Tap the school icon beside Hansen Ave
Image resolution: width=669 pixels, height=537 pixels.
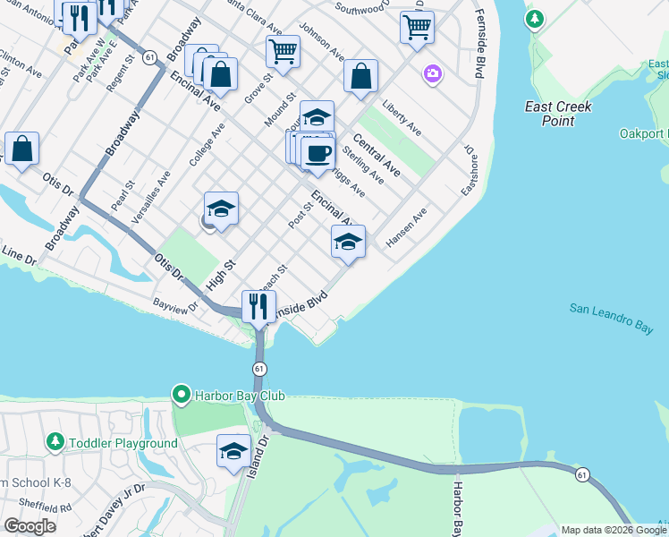point(348,242)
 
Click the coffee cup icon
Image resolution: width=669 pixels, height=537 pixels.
point(318,154)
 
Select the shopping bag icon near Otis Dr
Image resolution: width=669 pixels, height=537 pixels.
point(21,149)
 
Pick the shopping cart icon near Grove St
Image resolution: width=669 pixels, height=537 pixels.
point(283,51)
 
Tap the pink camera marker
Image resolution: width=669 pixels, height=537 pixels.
point(433,73)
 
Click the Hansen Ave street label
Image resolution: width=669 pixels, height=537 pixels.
point(407,227)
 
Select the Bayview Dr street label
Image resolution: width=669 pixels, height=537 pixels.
point(176,306)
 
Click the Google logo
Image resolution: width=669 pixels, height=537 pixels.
point(30,526)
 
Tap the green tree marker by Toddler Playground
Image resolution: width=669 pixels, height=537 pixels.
point(55,443)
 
